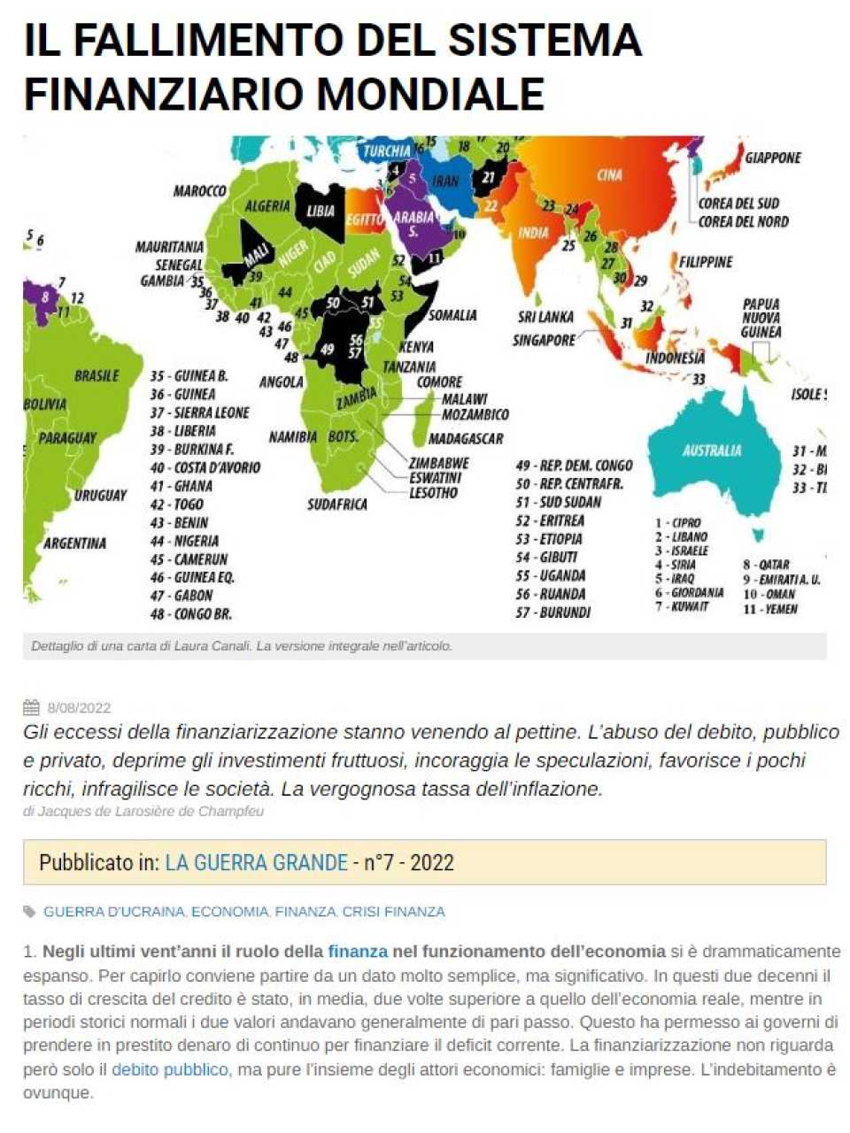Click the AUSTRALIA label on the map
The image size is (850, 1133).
712,451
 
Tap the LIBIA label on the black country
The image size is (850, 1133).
321,211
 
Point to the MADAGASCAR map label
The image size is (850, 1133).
466,439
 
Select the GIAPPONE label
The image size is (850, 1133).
772,158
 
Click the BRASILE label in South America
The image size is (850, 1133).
97,376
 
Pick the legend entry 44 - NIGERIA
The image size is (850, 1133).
184,541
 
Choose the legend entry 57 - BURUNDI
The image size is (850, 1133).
552,613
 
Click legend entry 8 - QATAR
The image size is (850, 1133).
766,565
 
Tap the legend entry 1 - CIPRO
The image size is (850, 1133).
677,523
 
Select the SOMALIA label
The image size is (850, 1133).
452,315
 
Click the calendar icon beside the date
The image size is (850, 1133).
31,707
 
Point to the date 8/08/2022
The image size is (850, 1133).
80,708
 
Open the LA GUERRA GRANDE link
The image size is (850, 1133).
256,863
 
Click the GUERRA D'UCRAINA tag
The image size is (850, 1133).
113,912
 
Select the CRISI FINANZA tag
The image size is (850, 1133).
393,912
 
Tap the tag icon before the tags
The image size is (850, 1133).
30,912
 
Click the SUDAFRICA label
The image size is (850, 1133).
337,505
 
